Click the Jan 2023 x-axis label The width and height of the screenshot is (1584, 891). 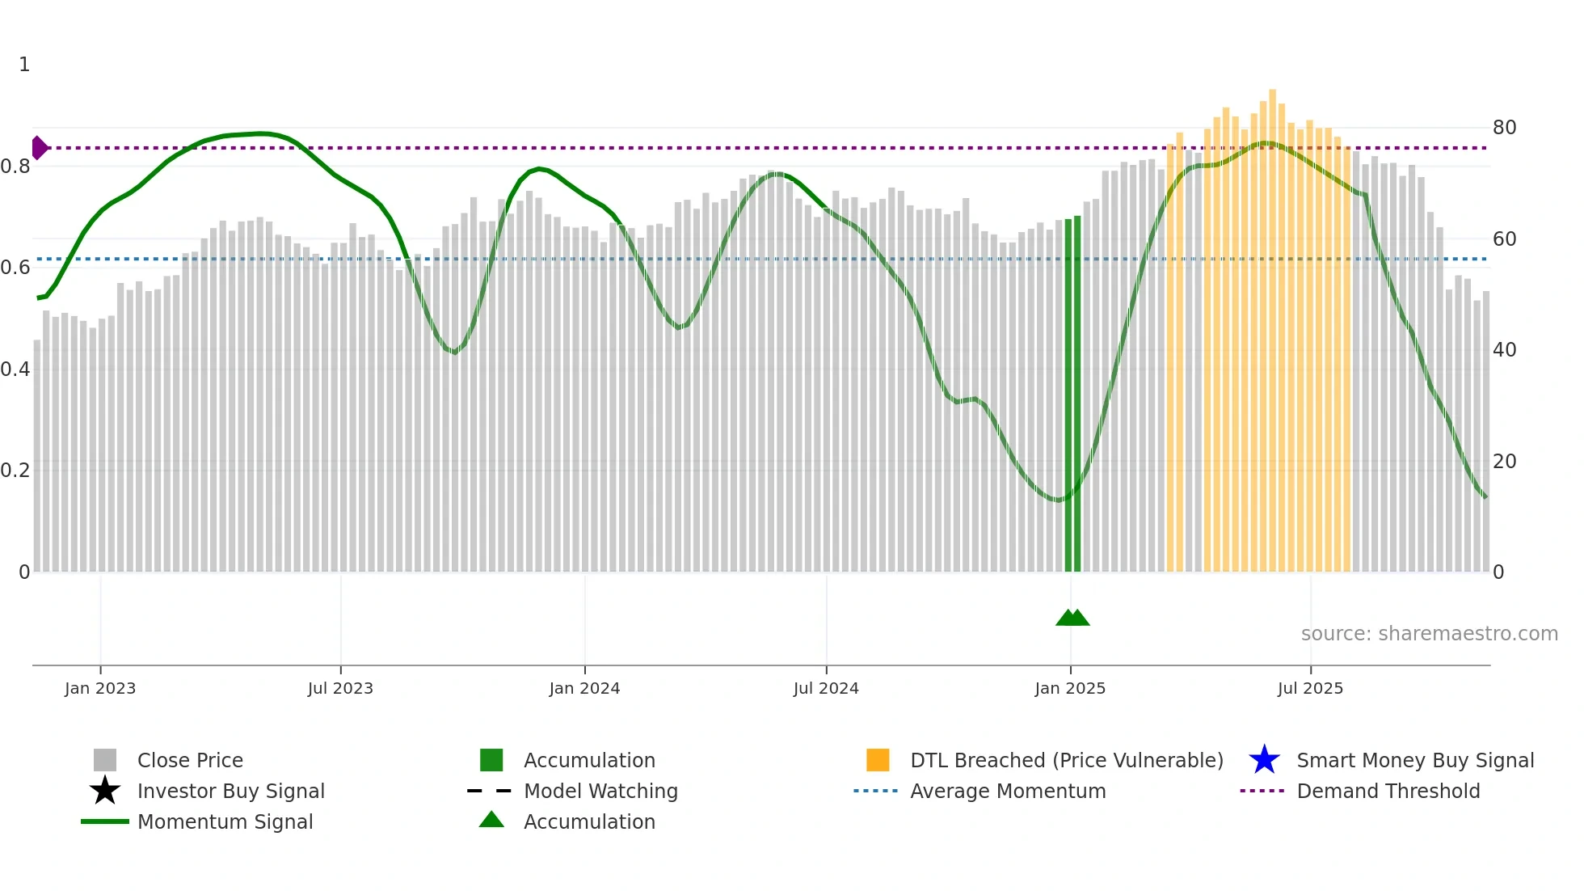tap(100, 688)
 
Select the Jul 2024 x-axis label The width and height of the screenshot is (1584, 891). tap(826, 688)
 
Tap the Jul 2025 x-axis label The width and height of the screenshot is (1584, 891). tap(1310, 688)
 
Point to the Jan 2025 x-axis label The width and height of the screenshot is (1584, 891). tap(1070, 688)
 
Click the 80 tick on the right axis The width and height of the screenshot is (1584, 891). tap(1504, 128)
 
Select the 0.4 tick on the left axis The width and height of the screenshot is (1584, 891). tap(15, 369)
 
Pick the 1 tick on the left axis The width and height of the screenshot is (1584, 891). tap(24, 65)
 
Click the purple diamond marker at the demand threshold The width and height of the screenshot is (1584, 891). tap(39, 148)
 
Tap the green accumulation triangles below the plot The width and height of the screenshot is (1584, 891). tap(1072, 618)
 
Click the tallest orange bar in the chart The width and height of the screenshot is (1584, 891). tap(1272, 323)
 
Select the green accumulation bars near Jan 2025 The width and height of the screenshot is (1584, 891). tap(1072, 396)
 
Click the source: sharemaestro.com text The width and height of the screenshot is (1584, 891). tap(1429, 634)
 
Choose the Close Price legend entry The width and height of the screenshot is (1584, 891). tap(190, 760)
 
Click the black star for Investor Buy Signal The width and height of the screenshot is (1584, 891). tap(105, 791)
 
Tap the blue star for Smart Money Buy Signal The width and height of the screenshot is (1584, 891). tap(1264, 760)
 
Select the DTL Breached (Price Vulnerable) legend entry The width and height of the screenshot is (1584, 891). tap(1066, 760)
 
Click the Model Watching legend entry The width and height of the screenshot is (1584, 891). tap(600, 791)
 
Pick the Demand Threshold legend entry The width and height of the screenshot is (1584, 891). tap(1388, 791)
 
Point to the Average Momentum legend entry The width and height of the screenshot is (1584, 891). tap(1007, 791)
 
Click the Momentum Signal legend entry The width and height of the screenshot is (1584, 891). tap(225, 821)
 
